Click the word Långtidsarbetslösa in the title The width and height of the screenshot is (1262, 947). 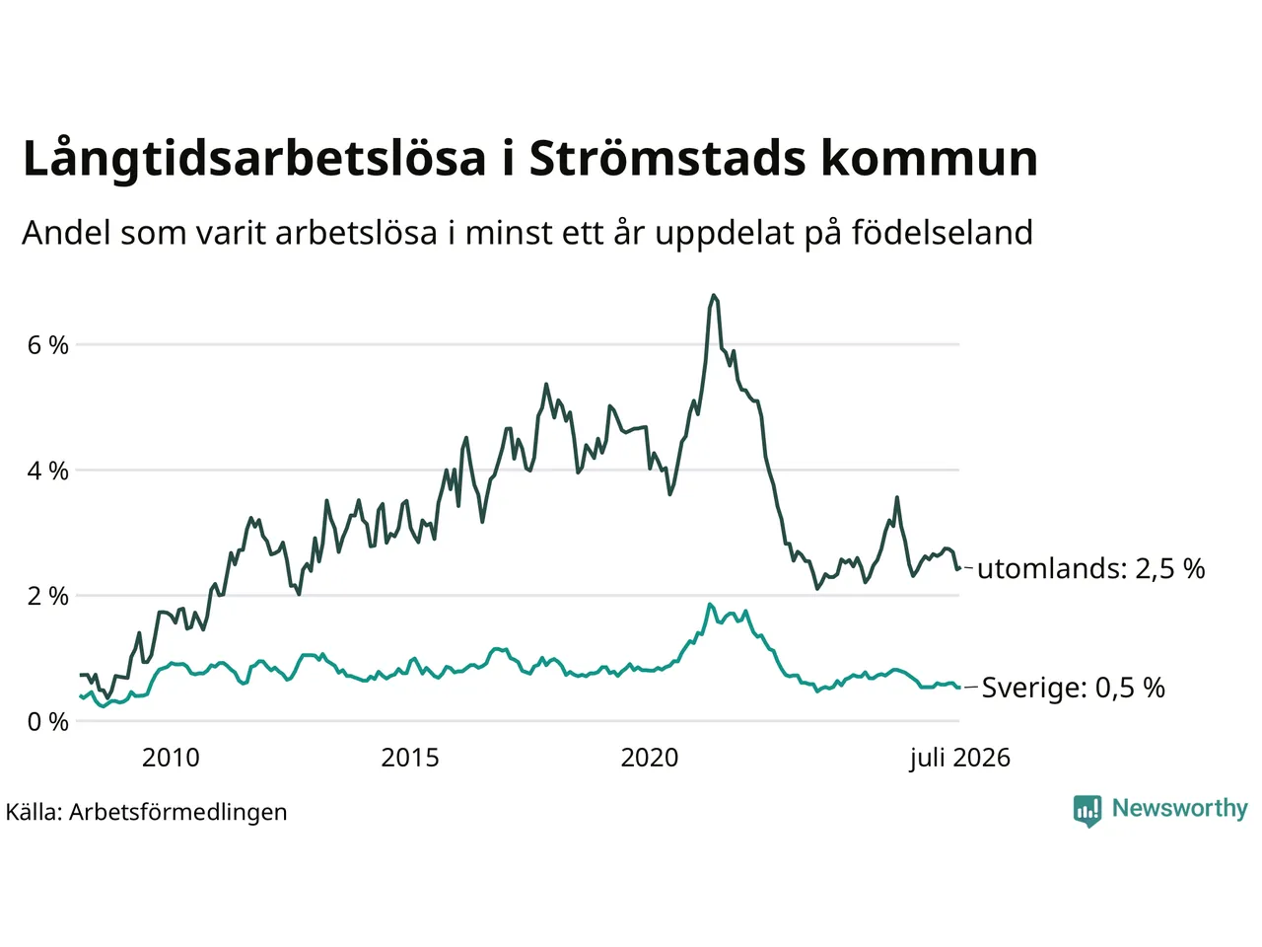click(254, 159)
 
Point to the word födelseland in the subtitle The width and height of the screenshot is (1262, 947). click(943, 232)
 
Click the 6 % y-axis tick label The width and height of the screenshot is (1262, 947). click(47, 345)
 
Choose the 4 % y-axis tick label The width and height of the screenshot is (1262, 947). click(47, 471)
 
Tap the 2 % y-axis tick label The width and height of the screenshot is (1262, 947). click(47, 596)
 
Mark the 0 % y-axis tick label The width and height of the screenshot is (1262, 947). click(47, 722)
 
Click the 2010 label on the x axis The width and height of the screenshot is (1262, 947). click(171, 758)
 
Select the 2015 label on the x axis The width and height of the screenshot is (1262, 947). click(410, 758)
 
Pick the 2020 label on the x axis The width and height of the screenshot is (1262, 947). click(650, 758)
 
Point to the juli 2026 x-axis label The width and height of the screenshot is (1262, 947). click(959, 759)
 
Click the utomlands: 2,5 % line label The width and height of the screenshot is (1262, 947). click(1091, 568)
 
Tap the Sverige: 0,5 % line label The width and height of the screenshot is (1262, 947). click(1074, 688)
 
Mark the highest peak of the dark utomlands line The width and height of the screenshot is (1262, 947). click(714, 296)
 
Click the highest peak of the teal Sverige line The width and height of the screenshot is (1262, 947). click(710, 605)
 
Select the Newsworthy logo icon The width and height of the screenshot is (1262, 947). click(1087, 810)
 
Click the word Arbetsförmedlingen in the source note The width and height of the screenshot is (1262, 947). click(177, 813)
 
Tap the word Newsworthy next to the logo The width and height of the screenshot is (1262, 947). click(1180, 809)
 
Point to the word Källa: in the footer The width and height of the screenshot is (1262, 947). click(34, 813)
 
